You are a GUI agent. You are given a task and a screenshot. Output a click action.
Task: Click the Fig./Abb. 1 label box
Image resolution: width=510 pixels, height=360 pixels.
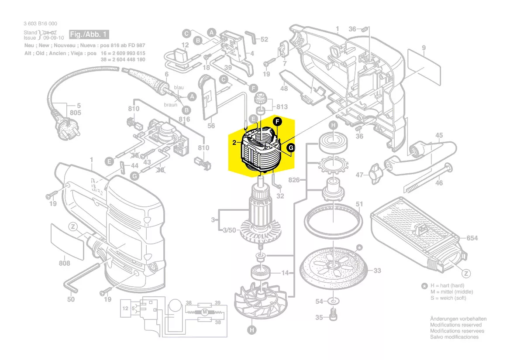coord(89,34)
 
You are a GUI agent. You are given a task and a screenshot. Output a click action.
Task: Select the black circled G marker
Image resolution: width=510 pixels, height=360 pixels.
coord(291,149)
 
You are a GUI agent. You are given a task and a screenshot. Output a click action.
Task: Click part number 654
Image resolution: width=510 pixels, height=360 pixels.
coord(472,238)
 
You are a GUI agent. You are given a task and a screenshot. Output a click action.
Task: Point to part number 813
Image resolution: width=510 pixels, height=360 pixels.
coord(282,107)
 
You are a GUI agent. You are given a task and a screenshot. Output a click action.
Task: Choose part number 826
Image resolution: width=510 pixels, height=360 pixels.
coord(294,179)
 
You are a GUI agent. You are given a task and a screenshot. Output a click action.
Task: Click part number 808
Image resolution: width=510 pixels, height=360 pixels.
coord(64,263)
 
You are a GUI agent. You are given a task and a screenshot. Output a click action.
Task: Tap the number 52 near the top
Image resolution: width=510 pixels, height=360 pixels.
coord(264,39)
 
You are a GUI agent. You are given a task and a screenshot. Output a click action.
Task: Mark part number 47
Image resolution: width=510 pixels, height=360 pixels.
coord(359,175)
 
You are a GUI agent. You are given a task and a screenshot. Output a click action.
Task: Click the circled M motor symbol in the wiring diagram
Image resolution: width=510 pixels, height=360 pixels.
coord(204,312)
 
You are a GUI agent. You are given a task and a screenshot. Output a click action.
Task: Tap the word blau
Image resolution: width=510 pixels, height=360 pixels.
coord(179,88)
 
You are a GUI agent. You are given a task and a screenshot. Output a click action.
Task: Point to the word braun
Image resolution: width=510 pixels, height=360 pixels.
coord(171,105)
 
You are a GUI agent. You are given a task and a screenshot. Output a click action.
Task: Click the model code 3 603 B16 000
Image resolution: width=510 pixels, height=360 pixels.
coord(40,24)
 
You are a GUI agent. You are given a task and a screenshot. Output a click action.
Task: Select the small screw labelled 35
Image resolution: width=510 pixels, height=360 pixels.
coord(333,315)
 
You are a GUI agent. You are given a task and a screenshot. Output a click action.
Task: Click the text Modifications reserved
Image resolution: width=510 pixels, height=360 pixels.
coord(456,325)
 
